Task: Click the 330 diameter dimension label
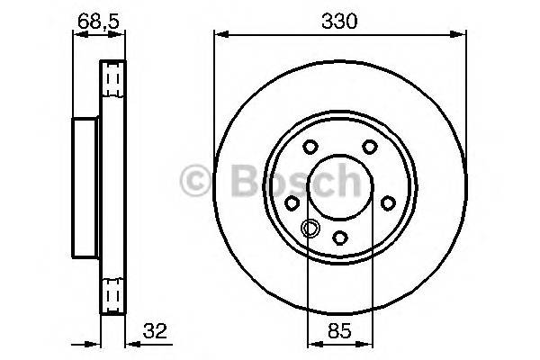point(339,20)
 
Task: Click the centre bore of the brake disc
point(339,184)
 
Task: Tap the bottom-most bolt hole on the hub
point(339,237)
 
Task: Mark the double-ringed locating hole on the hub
point(309,228)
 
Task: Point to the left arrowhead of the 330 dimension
point(219,35)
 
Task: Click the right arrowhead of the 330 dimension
point(462,35)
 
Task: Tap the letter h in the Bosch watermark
point(346,183)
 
